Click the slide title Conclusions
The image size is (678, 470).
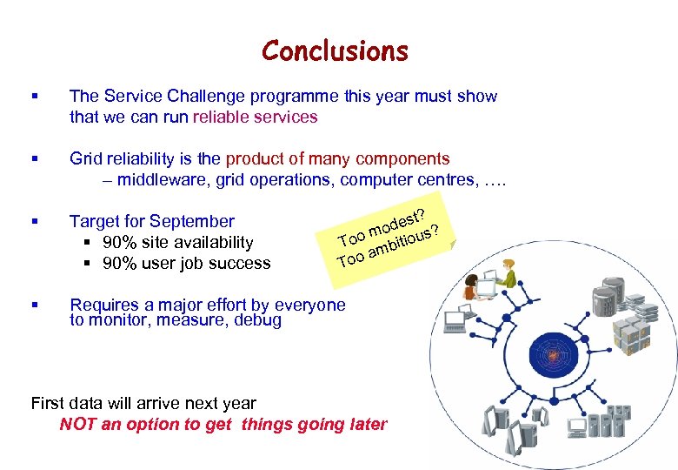(335, 51)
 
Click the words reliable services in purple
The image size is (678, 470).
(256, 117)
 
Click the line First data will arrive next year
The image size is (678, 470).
(143, 404)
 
